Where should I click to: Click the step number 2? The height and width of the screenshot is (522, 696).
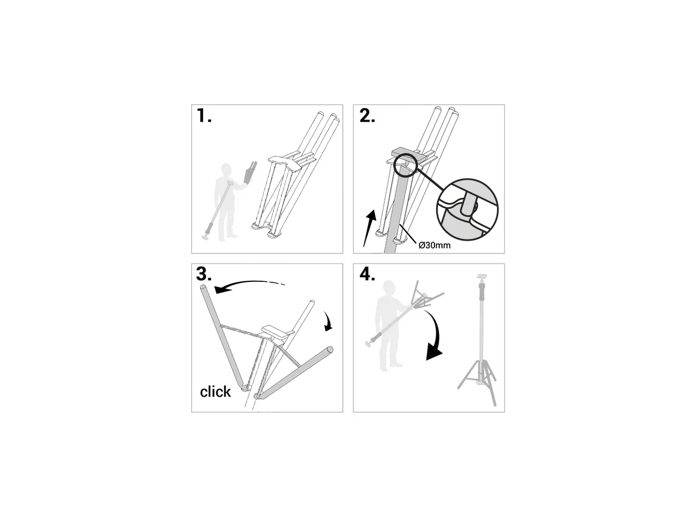pos(367,116)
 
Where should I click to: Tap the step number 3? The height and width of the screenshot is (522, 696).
pos(204,275)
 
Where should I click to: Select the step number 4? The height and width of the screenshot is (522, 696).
pos(368,275)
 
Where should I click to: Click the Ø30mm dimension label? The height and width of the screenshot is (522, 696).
pos(434,245)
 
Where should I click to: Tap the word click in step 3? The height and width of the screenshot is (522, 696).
pos(215,392)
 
